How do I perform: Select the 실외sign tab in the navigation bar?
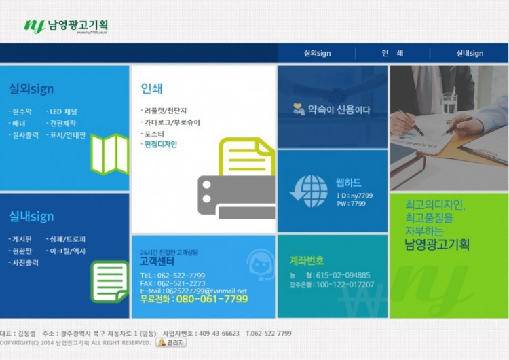point(317,54)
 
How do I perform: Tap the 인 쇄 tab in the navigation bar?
point(392,54)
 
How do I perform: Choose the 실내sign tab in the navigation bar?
point(470,54)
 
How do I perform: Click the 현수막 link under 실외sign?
point(21,111)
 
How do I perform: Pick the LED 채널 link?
point(62,111)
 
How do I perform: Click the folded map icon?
point(109,154)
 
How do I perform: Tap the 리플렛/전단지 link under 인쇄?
point(165,110)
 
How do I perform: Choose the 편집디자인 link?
point(161,144)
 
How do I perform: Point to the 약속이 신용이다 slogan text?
point(339,109)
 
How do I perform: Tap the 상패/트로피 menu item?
point(67,239)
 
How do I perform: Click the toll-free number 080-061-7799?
point(212,299)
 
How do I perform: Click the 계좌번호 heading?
point(307,260)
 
